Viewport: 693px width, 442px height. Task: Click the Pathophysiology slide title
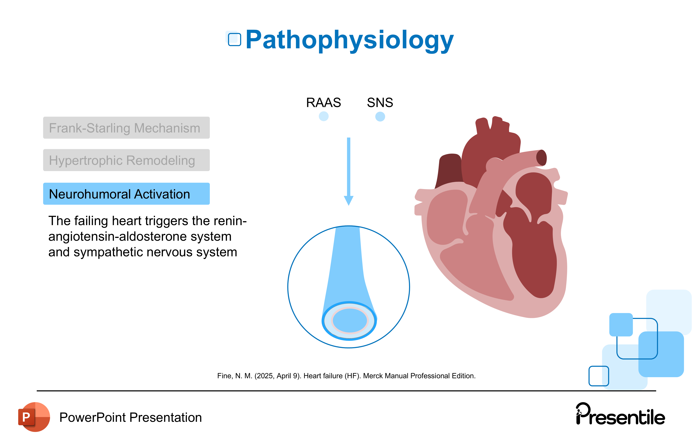[349, 40]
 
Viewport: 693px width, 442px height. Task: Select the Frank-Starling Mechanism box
[126, 128]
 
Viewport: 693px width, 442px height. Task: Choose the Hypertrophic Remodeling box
[126, 160]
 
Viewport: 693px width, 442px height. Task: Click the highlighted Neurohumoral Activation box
[126, 194]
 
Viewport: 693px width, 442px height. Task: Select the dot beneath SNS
[380, 117]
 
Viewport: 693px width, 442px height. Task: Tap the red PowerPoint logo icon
[34, 417]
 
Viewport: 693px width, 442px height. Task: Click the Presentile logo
[620, 415]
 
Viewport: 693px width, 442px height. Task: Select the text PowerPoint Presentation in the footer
[130, 418]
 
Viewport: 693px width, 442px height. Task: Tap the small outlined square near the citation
[599, 376]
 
